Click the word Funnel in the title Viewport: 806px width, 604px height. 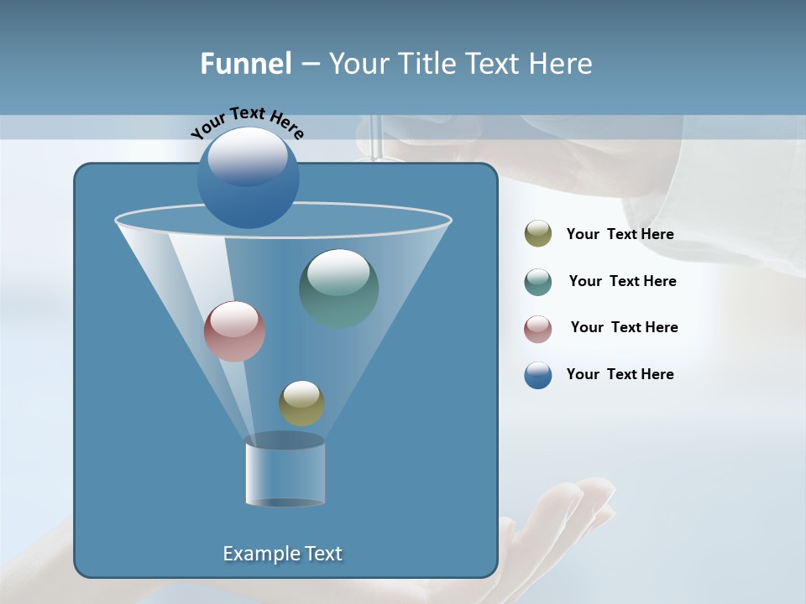pos(245,64)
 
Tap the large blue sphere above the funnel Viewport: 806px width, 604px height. pos(248,177)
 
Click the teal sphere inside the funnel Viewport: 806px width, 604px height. pos(339,288)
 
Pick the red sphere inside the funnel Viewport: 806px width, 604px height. pos(234,331)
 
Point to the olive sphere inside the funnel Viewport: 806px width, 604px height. pos(301,403)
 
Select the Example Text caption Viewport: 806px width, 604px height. pos(282,554)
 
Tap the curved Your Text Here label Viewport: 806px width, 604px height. pos(248,122)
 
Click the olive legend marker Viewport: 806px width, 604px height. pos(538,234)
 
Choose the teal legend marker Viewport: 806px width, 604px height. pos(538,282)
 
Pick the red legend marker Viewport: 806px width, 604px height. pos(538,328)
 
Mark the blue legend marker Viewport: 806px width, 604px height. pos(538,375)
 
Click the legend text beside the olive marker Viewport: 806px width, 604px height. pos(620,235)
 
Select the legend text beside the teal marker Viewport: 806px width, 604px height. pos(622,282)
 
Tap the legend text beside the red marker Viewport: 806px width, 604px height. pos(624,328)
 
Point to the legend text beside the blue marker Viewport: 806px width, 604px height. pos(620,375)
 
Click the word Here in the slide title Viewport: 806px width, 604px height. pos(561,64)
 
